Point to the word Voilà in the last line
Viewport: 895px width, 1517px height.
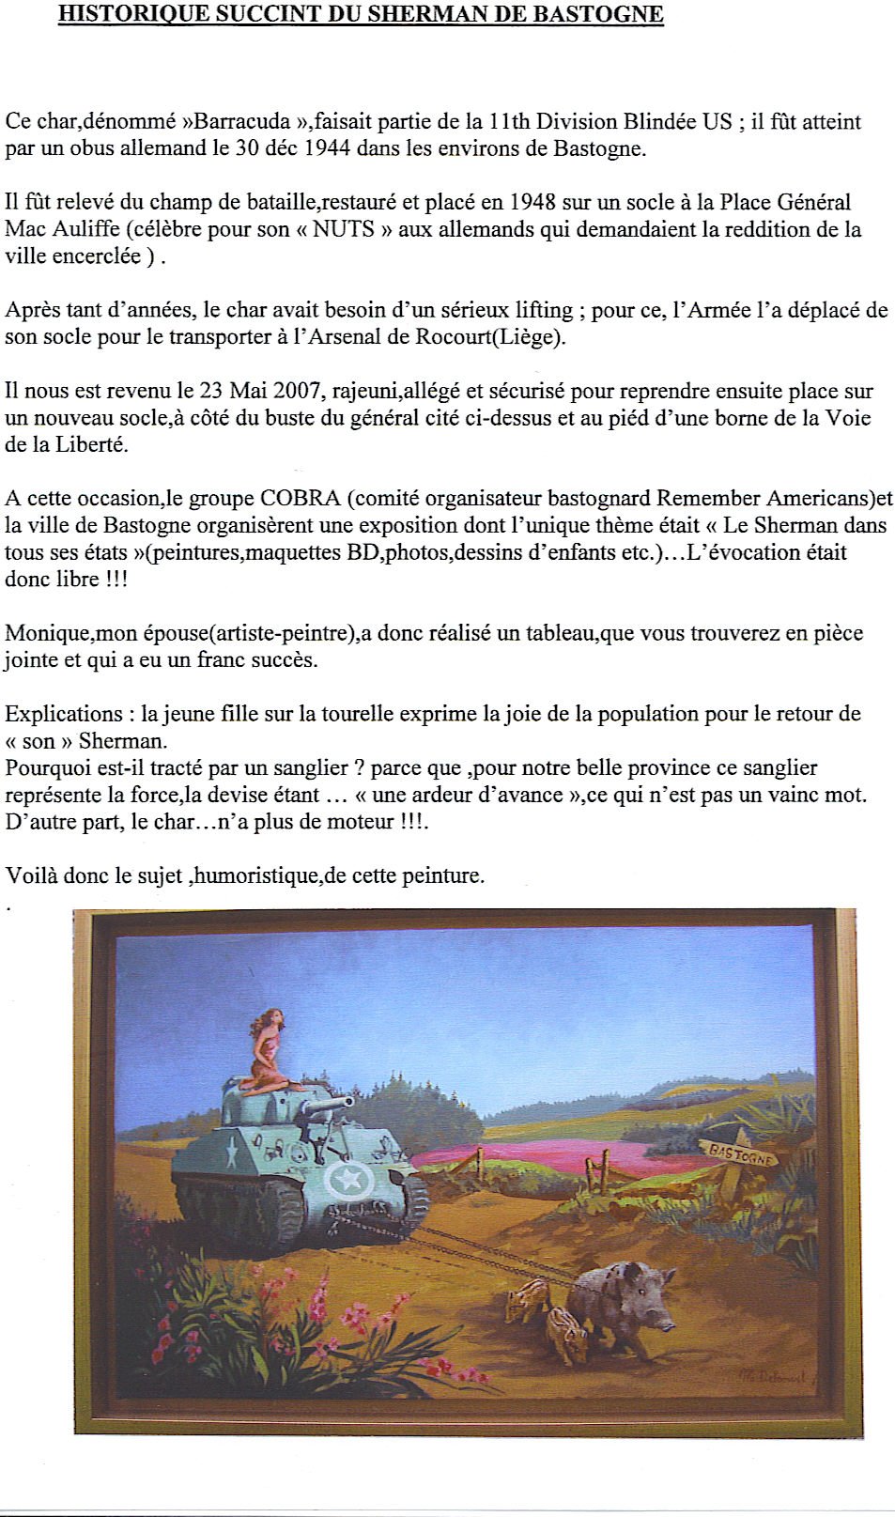coord(31,876)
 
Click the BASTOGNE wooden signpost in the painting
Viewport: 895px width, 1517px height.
coord(741,1154)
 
